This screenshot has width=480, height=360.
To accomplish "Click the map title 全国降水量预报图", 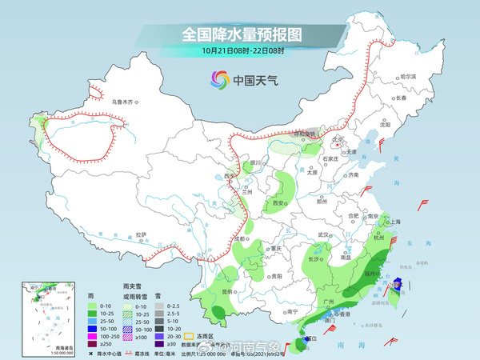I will tap(239, 34).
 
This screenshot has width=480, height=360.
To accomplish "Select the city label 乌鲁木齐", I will tap(125, 102).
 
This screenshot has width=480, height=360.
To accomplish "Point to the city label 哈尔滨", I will tap(409, 76).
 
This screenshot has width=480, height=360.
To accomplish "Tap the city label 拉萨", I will tap(141, 234).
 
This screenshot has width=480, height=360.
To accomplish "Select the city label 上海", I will tap(392, 222).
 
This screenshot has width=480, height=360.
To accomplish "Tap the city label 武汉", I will tap(323, 234).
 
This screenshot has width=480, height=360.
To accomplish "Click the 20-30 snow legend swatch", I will tap(159, 336).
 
